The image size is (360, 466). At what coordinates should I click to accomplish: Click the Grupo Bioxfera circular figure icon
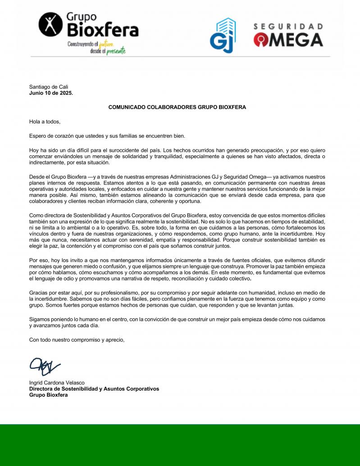[x=50, y=25]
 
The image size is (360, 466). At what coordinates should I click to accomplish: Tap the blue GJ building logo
[x=223, y=36]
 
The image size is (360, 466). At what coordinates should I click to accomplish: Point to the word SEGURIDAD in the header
[x=288, y=27]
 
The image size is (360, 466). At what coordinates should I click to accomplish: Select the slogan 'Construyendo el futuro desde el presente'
[x=96, y=48]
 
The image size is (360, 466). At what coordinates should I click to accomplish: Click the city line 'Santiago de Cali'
[x=49, y=87]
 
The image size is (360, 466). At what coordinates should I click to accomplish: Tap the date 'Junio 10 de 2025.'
[x=51, y=93]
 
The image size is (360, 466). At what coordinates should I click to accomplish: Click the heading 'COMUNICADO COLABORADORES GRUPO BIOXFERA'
[x=177, y=107]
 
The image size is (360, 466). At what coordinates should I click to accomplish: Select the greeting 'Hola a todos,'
[x=45, y=122]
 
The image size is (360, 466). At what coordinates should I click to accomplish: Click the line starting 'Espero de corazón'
[x=107, y=136]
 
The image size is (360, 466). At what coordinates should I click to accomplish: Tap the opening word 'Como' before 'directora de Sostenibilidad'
[x=36, y=217]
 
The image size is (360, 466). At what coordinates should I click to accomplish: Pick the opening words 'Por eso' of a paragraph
[x=39, y=261]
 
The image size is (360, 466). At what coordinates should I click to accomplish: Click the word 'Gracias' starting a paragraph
[x=39, y=293]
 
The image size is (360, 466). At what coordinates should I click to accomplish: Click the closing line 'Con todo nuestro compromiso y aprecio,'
[x=77, y=339]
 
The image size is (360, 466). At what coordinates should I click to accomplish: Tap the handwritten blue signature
[x=44, y=366]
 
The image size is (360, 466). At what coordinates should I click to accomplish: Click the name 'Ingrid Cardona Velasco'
[x=57, y=383]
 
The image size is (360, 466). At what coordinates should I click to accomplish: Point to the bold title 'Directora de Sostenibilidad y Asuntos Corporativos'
[x=94, y=389]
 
